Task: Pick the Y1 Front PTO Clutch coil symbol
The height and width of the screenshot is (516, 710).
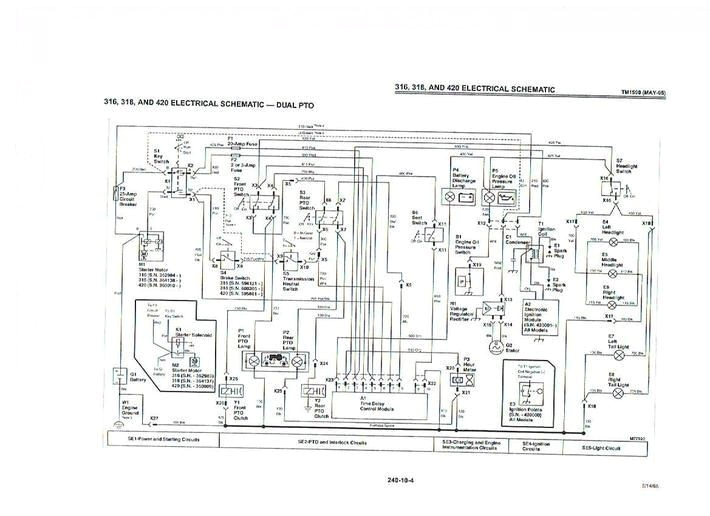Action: (x=225, y=392)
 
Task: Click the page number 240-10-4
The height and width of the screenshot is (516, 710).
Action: (x=400, y=480)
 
